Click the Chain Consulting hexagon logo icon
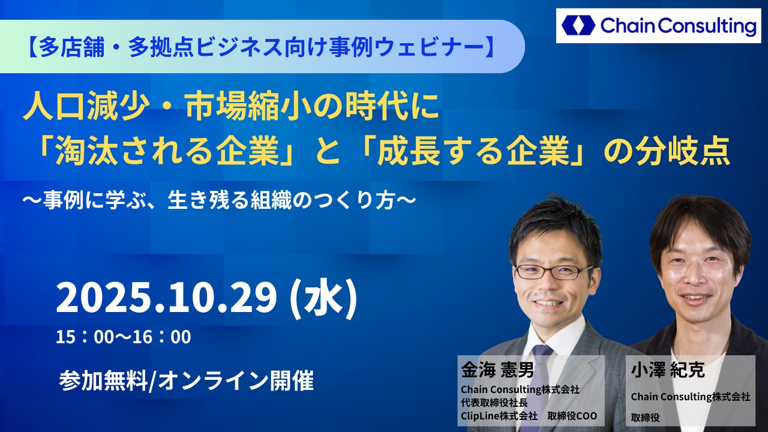[x=578, y=25]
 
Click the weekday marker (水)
[x=324, y=298]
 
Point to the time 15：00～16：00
[x=124, y=337]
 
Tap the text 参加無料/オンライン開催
[x=186, y=381]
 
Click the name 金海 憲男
[x=497, y=370]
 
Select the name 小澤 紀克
[x=668, y=370]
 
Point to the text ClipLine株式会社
[x=499, y=416]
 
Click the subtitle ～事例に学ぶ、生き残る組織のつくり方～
[x=220, y=200]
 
